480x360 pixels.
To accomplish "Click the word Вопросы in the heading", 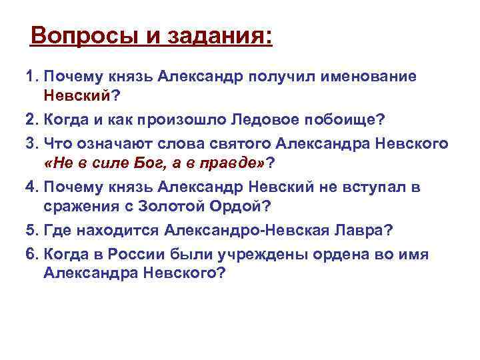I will [x=80, y=35].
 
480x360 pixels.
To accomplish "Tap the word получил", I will [x=277, y=77].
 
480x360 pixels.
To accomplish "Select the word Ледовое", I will [x=249, y=121].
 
